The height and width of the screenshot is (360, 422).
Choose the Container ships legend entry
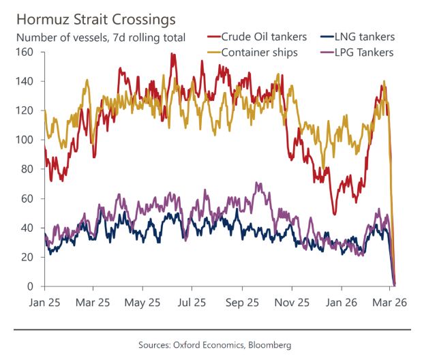pyautogui.click(x=262, y=52)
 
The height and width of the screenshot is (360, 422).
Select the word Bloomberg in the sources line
pyautogui.click(x=269, y=345)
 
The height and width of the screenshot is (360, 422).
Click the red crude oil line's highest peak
pyautogui.click(x=172, y=54)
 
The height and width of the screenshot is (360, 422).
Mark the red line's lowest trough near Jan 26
pyautogui.click(x=334, y=213)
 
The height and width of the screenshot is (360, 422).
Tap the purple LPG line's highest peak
pyautogui.click(x=256, y=183)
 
